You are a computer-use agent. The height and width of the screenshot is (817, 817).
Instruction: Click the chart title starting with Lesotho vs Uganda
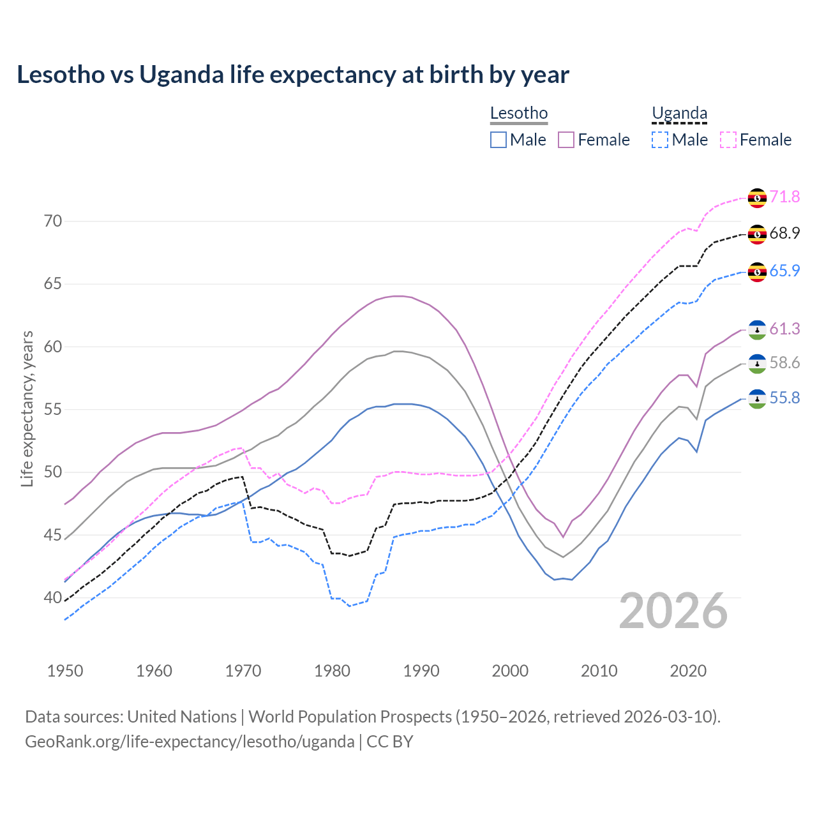point(293,75)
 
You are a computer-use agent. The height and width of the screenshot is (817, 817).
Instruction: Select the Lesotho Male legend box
point(498,140)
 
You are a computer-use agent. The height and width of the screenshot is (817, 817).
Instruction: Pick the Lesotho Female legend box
point(566,140)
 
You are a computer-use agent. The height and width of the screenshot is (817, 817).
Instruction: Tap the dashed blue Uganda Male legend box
point(660,140)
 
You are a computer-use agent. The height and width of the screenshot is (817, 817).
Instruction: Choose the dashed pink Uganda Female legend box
point(728,140)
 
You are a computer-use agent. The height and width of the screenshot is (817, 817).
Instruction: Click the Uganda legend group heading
point(679,114)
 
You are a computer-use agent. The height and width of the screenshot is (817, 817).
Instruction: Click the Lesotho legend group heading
point(519,114)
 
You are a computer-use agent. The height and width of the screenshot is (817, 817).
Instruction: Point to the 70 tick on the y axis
point(53,221)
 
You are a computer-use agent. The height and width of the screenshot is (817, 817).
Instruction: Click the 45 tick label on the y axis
point(53,535)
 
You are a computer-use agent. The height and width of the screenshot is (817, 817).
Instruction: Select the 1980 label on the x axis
point(332,671)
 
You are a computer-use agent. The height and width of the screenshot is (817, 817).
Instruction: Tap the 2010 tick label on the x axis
point(599,671)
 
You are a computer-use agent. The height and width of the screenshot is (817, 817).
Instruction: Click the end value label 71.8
point(784,197)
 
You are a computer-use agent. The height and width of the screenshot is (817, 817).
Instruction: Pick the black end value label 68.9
point(784,234)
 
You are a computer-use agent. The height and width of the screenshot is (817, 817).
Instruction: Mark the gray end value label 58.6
point(784,363)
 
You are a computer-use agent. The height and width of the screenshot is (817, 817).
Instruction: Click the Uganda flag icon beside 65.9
point(757,271)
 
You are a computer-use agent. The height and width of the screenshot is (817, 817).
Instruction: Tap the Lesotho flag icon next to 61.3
point(757,329)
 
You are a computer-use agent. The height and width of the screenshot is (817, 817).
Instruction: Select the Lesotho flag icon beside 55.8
point(757,399)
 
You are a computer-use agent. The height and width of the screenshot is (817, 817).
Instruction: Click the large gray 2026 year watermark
point(673,611)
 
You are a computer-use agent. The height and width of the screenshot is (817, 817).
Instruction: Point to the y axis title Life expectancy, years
point(27,408)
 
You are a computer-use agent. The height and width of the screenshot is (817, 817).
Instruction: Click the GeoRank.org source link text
point(190,742)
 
